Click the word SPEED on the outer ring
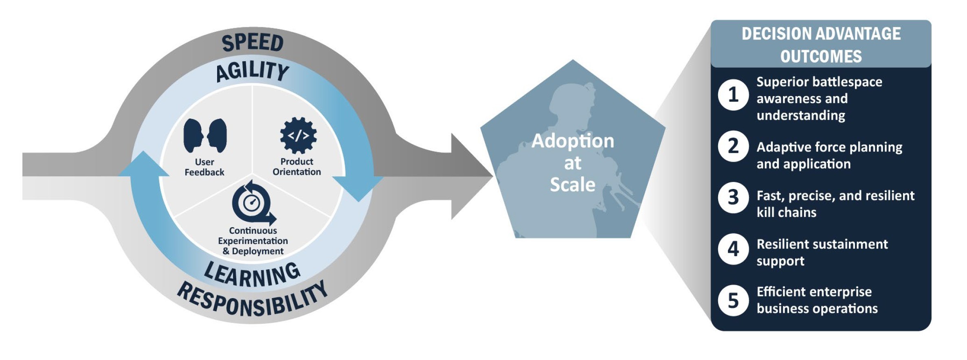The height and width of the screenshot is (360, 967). coord(253,43)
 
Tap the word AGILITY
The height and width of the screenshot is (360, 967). coord(253,71)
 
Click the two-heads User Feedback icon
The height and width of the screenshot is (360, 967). coord(205,135)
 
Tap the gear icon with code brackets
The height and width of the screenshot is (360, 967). coord(299,136)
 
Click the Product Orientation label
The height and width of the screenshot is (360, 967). coord(297,167)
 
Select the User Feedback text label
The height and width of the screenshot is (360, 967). coord(204,167)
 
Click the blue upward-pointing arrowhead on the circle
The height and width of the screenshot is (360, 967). coord(143,164)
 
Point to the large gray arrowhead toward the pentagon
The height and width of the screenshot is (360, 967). coord(472,176)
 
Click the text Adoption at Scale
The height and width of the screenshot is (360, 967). coord(573,162)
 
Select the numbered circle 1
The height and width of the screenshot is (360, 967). coord(733,94)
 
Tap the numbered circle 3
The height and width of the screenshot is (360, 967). coord(733,198)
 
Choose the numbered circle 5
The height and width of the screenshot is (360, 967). coord(733,301)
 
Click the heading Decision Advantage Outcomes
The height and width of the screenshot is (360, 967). coord(821,45)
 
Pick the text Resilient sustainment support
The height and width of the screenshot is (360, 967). coord(822,252)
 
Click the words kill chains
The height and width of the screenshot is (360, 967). coord(787,212)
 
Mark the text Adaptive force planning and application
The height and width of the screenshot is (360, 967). coord(829,155)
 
